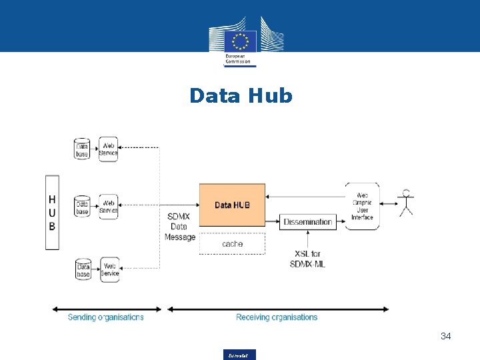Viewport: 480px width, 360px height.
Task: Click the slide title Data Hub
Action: pyautogui.click(x=241, y=96)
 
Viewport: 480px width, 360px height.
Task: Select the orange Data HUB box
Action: pyautogui.click(x=232, y=205)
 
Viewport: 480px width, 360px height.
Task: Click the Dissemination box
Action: pyautogui.click(x=307, y=222)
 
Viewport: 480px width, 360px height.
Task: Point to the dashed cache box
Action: pyautogui.click(x=232, y=244)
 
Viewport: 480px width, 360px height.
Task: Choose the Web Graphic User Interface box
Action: pyautogui.click(x=362, y=206)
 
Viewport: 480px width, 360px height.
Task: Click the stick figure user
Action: pyautogui.click(x=406, y=203)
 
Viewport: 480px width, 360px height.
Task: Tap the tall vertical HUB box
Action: pyautogui.click(x=52, y=213)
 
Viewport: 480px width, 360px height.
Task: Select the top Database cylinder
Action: pyautogui.click(x=82, y=148)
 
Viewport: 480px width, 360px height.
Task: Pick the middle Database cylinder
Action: pyautogui.click(x=82, y=206)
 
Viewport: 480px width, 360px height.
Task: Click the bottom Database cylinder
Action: pyautogui.click(x=83, y=269)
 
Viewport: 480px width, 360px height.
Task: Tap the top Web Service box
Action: pyautogui.click(x=108, y=149)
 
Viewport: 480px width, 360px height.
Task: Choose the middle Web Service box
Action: pyautogui.click(x=109, y=206)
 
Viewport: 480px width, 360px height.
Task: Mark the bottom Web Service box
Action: pyautogui.click(x=109, y=269)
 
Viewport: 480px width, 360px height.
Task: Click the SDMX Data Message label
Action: pyautogui.click(x=180, y=227)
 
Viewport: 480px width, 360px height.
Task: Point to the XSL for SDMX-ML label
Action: pyautogui.click(x=307, y=259)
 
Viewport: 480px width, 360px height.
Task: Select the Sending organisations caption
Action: pyautogui.click(x=105, y=317)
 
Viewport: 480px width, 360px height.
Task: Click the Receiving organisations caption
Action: pyautogui.click(x=277, y=317)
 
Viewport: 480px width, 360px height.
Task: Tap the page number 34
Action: pyautogui.click(x=445, y=337)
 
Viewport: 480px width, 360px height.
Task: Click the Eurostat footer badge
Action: pyautogui.click(x=240, y=355)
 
